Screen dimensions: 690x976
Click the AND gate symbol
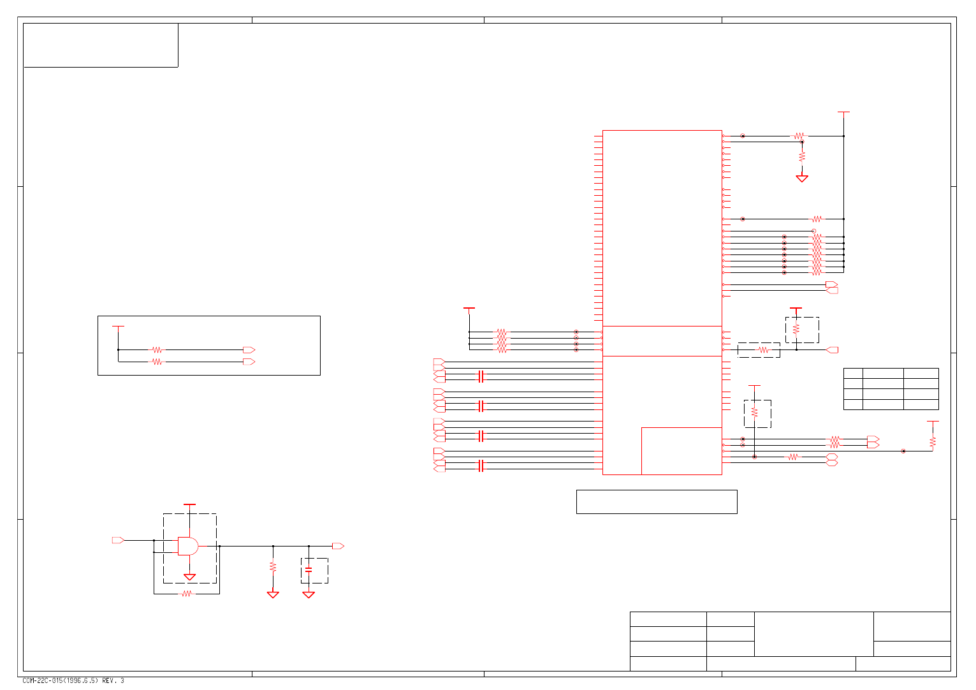[x=187, y=546]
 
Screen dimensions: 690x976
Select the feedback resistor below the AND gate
[x=187, y=594]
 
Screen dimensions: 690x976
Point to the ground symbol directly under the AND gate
[x=189, y=577]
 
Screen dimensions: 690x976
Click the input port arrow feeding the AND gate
[x=118, y=540]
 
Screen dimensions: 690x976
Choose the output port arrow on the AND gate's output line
[x=338, y=546]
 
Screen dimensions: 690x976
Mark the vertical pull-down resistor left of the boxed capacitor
[x=273, y=566]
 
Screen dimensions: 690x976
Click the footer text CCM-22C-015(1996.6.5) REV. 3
[x=73, y=680]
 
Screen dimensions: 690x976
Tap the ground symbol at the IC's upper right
[x=802, y=179]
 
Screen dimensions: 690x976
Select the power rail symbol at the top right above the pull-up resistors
[x=843, y=112]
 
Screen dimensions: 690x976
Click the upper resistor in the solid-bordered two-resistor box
[x=156, y=349]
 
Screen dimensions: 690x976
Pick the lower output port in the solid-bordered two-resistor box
[x=249, y=362]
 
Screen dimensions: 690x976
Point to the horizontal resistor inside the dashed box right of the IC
[x=763, y=349]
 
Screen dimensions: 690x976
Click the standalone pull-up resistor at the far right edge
[x=933, y=441]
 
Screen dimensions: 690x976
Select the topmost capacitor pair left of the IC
[x=481, y=376]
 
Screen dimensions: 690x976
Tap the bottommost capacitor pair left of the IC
[x=481, y=466]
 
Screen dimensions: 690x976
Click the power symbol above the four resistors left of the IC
[x=469, y=309]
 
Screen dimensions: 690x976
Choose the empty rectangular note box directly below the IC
[x=657, y=502]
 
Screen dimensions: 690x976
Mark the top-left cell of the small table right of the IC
[x=853, y=373]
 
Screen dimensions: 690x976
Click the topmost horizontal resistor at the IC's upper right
[x=799, y=136]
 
